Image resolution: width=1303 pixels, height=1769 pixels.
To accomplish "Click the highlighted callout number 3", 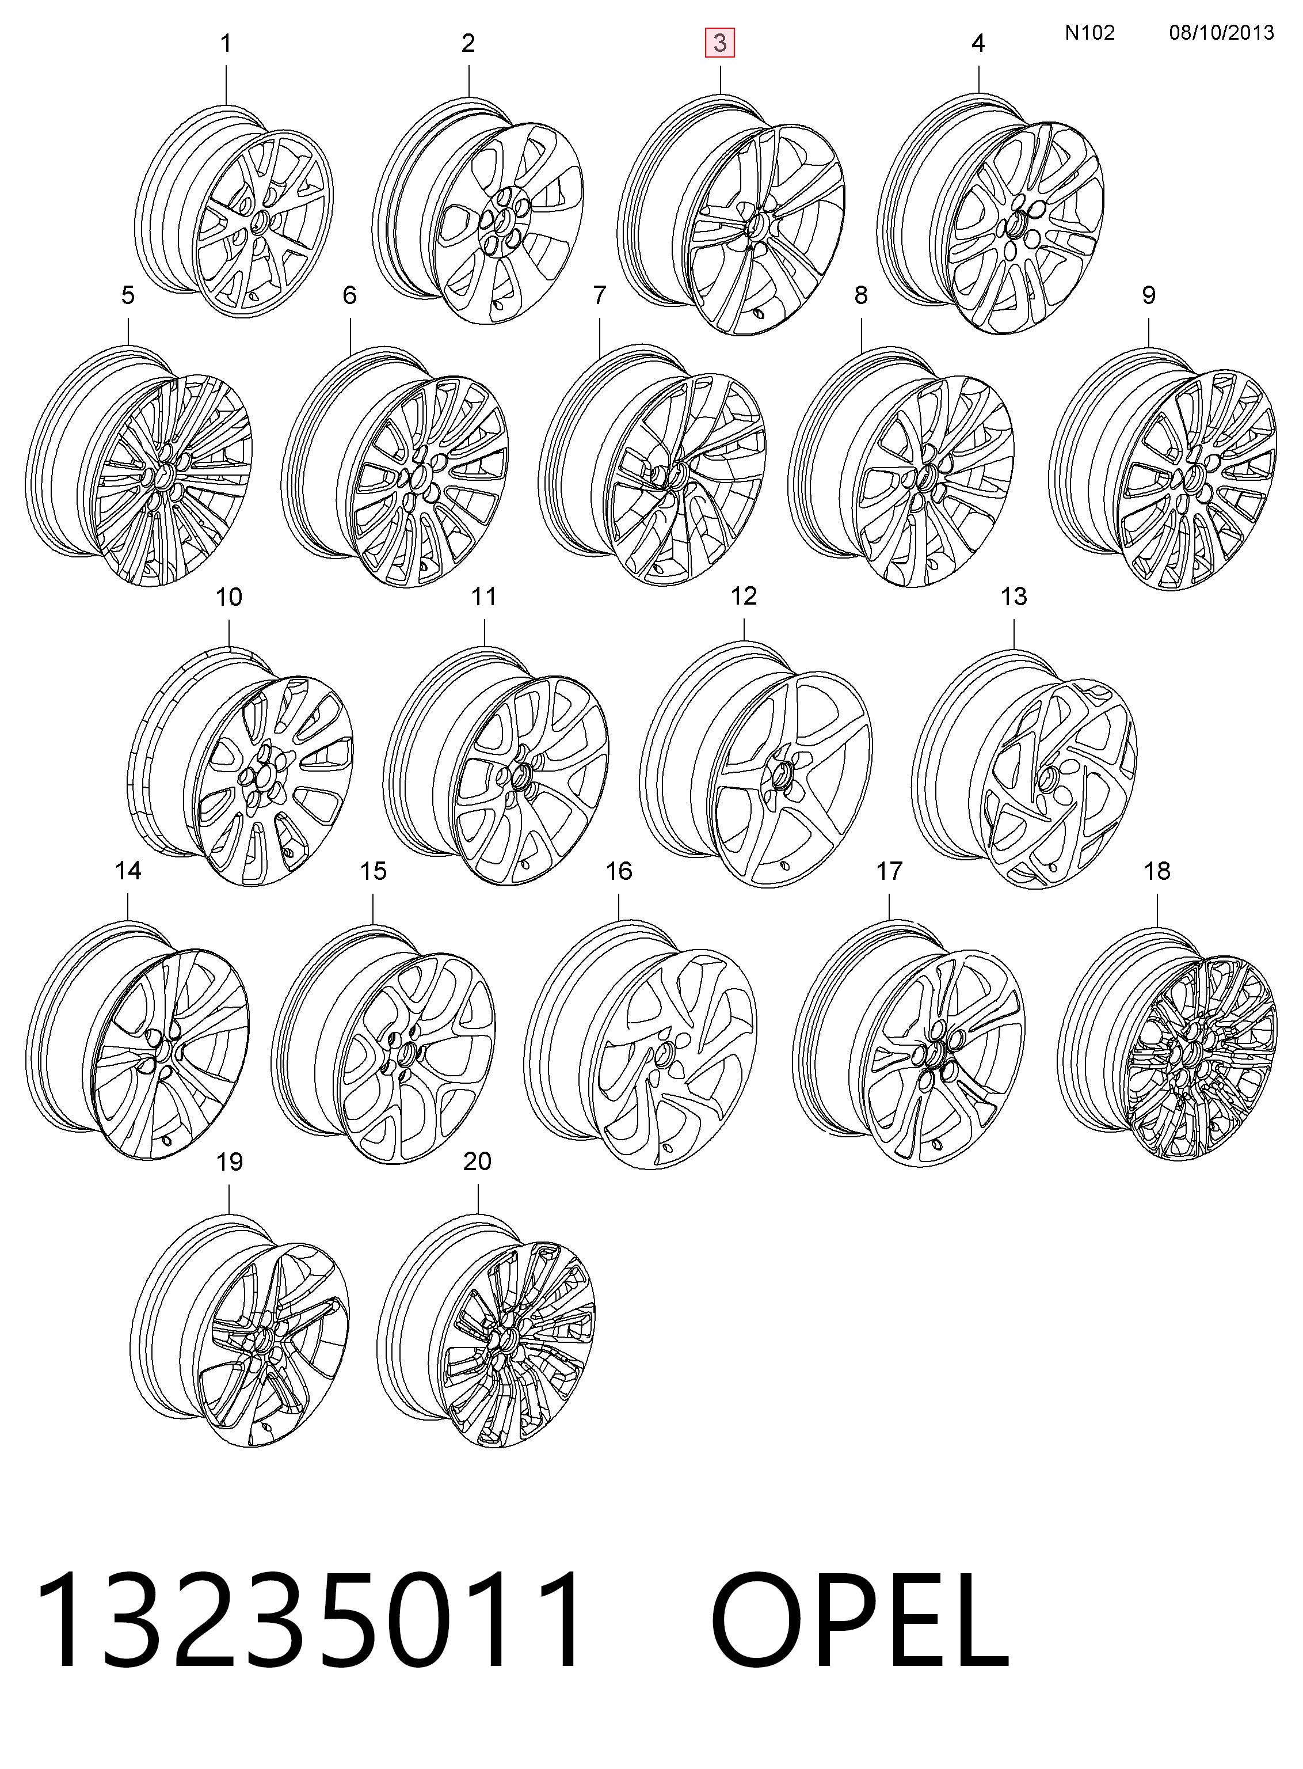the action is (x=719, y=43).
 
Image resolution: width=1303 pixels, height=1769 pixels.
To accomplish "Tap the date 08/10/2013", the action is (x=1221, y=32).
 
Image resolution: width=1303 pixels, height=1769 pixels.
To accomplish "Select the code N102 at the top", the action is (x=1089, y=32).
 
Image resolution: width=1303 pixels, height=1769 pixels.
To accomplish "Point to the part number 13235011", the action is (x=310, y=1620).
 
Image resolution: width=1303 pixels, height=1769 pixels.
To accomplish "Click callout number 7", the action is (x=600, y=295).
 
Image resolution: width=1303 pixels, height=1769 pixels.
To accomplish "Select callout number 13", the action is (x=1014, y=597).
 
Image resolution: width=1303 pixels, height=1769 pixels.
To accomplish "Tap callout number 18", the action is (x=1157, y=871).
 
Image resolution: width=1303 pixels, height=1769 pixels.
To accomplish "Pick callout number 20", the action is (x=477, y=1161).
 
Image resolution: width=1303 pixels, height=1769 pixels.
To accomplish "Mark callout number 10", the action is (x=228, y=597).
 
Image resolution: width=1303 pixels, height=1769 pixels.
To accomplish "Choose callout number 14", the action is (x=128, y=871).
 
